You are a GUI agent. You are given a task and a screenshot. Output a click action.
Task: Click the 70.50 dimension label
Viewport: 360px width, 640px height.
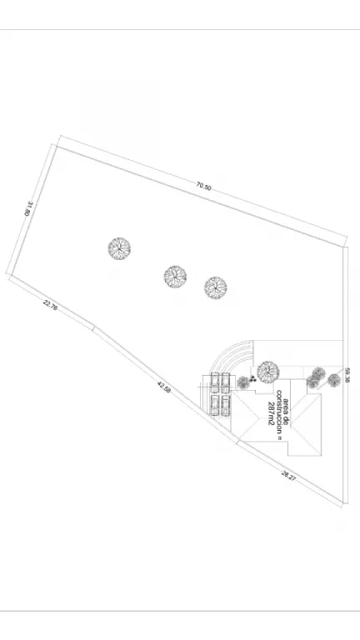(x=203, y=186)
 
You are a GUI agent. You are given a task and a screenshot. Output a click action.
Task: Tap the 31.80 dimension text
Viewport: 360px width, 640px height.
(x=27, y=207)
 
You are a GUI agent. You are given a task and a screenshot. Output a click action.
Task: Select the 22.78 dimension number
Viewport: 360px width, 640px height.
(x=50, y=305)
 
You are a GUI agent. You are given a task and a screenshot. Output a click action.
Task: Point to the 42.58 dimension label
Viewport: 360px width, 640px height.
(x=163, y=387)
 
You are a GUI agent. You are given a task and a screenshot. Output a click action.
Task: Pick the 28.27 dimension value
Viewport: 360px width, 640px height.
(x=288, y=476)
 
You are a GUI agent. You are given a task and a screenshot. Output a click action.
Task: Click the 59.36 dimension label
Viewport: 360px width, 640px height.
(x=347, y=376)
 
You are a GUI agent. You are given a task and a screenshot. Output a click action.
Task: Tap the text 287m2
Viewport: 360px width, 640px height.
(x=271, y=413)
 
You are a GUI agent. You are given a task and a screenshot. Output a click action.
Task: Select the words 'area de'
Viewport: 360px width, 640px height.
(x=286, y=412)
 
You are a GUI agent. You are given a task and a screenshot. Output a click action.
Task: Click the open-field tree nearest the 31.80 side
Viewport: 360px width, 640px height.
(x=119, y=248)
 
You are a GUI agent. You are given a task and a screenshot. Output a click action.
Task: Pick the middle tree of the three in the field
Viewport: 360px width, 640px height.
(x=175, y=277)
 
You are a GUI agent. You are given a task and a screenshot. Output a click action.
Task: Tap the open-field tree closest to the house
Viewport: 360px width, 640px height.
(x=216, y=287)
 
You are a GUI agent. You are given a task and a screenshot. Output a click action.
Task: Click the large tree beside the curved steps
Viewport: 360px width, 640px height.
(x=268, y=372)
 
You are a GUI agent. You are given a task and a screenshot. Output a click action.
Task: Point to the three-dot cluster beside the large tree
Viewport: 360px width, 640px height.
(x=252, y=378)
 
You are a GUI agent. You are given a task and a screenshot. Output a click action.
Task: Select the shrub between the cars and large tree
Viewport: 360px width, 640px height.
(x=243, y=382)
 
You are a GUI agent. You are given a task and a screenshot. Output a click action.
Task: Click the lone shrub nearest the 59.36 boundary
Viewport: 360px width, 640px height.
(x=334, y=380)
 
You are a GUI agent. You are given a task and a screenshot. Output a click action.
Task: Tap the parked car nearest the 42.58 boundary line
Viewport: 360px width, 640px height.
(x=215, y=405)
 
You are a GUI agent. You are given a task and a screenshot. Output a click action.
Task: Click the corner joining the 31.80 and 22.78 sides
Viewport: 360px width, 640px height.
(x=9, y=275)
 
